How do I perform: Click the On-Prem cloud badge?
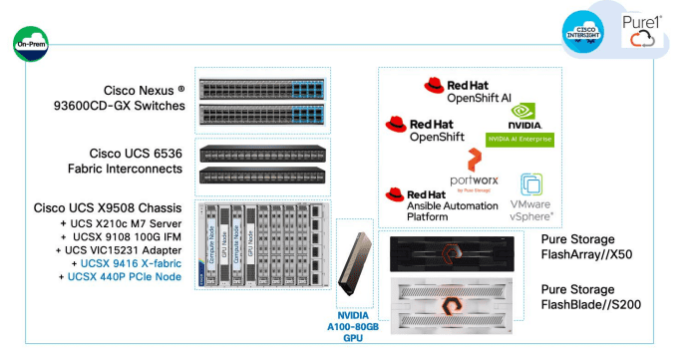[x=32, y=45]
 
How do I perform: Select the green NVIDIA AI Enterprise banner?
[x=518, y=139]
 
